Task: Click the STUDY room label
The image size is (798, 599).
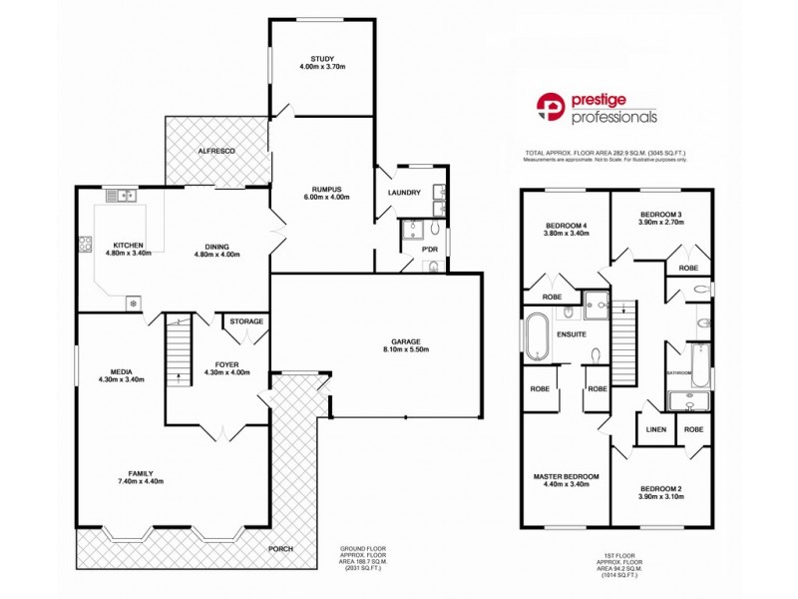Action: (321, 59)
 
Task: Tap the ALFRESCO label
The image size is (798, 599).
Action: (214, 150)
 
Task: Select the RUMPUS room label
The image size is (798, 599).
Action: (321, 189)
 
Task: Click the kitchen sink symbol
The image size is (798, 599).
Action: (126, 196)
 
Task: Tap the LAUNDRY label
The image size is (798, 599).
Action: (404, 193)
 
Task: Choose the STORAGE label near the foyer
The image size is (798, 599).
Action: (245, 321)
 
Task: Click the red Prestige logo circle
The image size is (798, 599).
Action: (551, 107)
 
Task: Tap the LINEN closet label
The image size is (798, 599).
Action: (655, 430)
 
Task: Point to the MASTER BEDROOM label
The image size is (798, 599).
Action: (565, 477)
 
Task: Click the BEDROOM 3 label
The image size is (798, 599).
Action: (660, 215)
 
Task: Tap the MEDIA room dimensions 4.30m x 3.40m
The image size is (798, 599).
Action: (123, 379)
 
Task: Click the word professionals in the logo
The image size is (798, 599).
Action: (613, 117)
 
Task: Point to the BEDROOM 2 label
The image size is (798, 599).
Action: (660, 489)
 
